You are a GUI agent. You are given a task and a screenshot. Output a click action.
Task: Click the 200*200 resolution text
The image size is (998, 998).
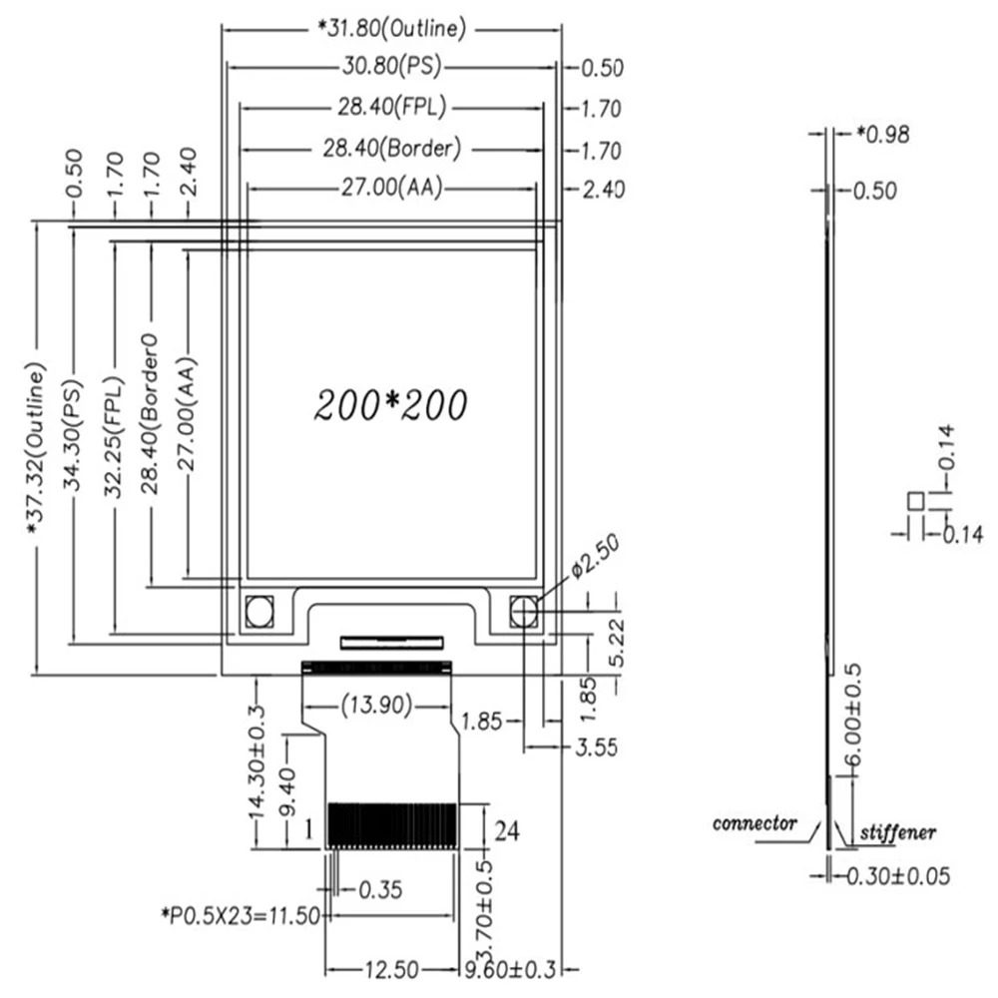click(390, 404)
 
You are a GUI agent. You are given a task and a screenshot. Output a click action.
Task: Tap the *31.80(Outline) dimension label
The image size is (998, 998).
click(391, 28)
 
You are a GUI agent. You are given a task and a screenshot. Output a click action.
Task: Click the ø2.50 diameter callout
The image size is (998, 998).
click(596, 555)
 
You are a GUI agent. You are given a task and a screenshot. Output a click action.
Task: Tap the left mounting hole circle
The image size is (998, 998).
click(258, 611)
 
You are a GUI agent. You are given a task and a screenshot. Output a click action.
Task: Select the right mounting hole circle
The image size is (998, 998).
click(524, 611)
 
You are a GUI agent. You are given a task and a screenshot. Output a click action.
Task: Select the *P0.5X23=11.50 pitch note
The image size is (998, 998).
click(240, 913)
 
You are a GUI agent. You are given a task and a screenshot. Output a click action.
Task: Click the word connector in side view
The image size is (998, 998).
click(755, 823)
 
